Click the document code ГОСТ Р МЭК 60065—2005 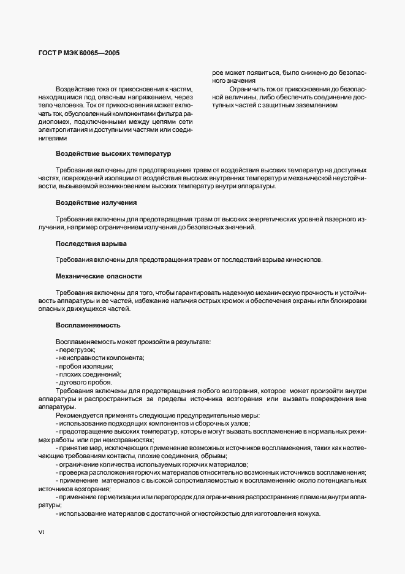click(x=75, y=53)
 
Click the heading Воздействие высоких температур click(x=114, y=153)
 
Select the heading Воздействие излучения click(x=96, y=202)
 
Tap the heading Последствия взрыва click(x=91, y=243)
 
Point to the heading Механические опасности click(x=99, y=277)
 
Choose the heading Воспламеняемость click(x=88, y=324)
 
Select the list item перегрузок click(x=72, y=349)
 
